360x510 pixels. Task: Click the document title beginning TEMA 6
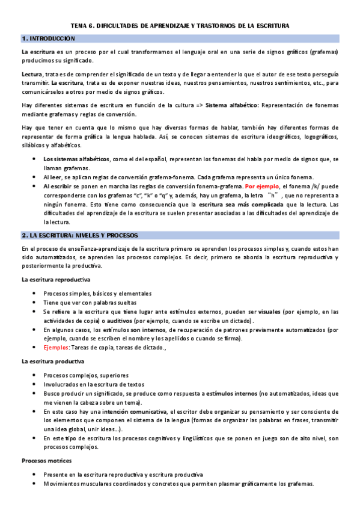pyautogui.click(x=180, y=26)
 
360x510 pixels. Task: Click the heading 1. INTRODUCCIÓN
pyautogui.click(x=49, y=38)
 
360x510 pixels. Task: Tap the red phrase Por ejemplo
pyautogui.click(x=261, y=187)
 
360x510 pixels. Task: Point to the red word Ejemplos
pyautogui.click(x=56, y=348)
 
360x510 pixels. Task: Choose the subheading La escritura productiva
pyautogui.click(x=53, y=361)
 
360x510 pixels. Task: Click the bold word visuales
pyautogui.click(x=264, y=312)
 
